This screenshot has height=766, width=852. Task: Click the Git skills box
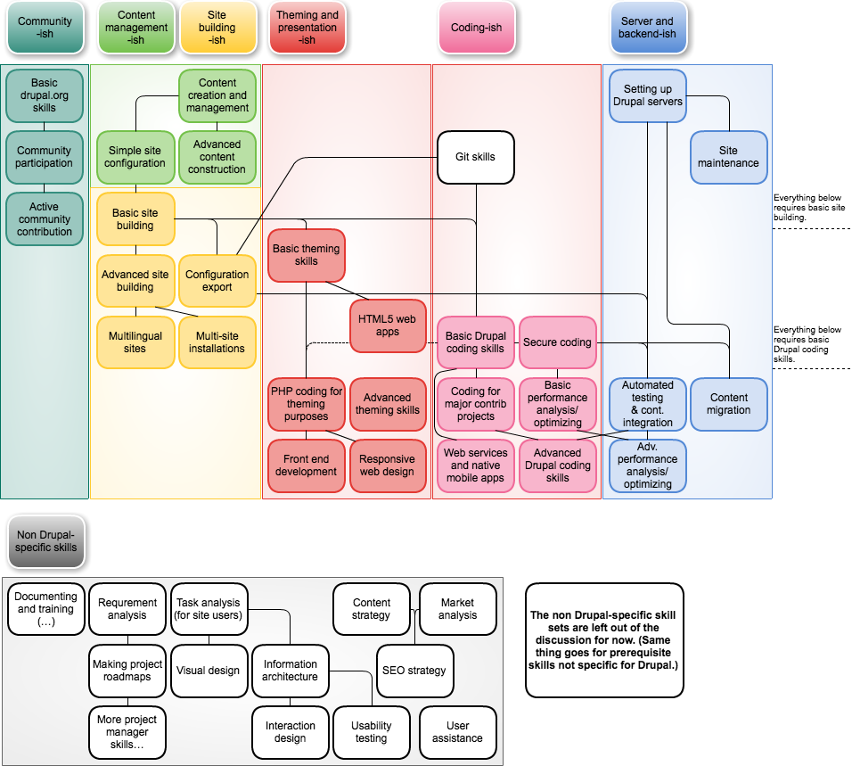tap(476, 157)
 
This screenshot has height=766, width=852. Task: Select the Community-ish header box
tap(45, 28)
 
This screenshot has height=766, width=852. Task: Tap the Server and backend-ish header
tap(647, 28)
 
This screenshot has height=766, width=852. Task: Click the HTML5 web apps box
tap(387, 325)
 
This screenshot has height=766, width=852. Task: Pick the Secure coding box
tap(557, 342)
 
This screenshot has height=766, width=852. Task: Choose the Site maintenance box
tap(728, 157)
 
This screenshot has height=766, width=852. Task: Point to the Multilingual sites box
tap(135, 342)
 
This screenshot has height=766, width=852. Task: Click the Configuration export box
tap(217, 281)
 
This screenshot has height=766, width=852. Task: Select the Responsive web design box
tap(387, 465)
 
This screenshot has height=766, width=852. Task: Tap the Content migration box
tap(728, 404)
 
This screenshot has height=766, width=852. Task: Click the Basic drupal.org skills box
tap(45, 95)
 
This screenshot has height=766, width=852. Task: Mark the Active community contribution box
tap(45, 219)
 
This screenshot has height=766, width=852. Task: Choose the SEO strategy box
tap(414, 671)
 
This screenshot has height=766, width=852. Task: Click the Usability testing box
tap(371, 732)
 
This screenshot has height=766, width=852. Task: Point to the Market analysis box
tap(457, 609)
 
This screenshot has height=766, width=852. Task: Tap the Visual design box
tap(208, 671)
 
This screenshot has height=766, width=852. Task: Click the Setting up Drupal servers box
tap(647, 95)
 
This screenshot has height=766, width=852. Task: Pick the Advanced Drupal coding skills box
tap(557, 465)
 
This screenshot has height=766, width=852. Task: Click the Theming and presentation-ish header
tap(307, 28)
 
